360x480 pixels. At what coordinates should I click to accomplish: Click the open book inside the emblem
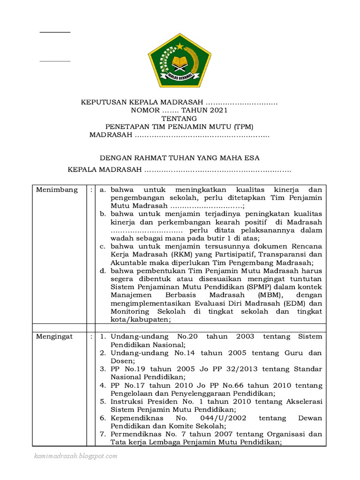[180, 61]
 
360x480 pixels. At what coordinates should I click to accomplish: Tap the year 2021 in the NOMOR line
[217, 110]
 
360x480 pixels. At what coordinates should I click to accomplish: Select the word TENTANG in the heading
[180, 119]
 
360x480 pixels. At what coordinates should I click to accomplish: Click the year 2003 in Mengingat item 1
[245, 337]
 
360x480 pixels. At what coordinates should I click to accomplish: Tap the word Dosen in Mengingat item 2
[122, 361]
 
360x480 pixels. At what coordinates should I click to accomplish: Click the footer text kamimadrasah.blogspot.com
[75, 456]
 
